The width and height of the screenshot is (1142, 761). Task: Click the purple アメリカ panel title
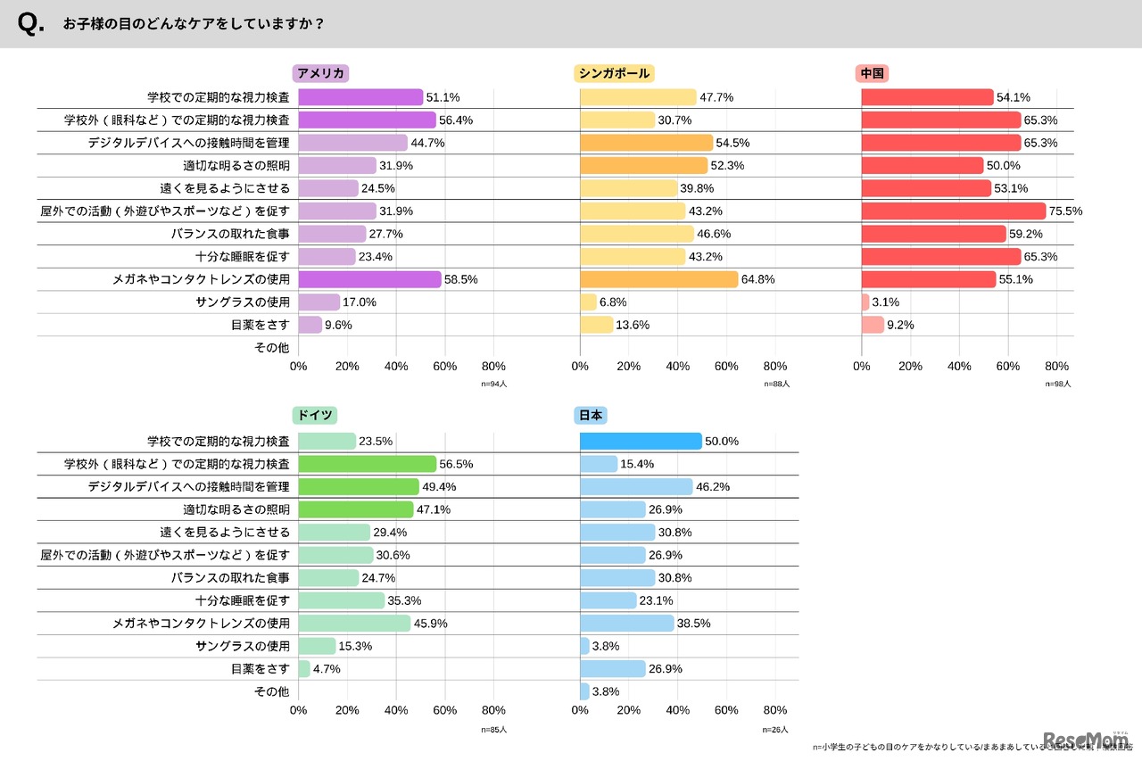click(320, 74)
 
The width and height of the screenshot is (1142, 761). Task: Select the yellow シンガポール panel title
click(614, 74)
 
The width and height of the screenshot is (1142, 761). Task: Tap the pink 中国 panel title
click(873, 74)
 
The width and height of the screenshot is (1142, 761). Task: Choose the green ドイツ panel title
click(315, 416)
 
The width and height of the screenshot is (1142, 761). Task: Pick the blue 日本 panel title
click(591, 416)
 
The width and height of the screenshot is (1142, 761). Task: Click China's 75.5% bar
click(953, 211)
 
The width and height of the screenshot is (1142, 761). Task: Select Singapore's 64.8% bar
click(658, 279)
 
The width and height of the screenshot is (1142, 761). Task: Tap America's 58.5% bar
click(369, 279)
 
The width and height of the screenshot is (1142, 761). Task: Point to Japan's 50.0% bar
click(641, 442)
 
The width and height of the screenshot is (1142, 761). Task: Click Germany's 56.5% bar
click(367, 464)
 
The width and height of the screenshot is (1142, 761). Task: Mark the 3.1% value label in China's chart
click(887, 302)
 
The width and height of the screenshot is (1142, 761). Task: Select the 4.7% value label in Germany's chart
click(327, 668)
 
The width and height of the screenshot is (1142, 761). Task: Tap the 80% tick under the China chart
click(1056, 367)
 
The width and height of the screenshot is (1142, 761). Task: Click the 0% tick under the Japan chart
click(580, 711)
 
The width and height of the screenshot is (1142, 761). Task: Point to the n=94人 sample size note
click(493, 385)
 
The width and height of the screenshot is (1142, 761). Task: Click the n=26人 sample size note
click(776, 730)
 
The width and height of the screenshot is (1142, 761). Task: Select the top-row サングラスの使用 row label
click(242, 302)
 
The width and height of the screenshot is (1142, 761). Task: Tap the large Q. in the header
click(31, 25)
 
